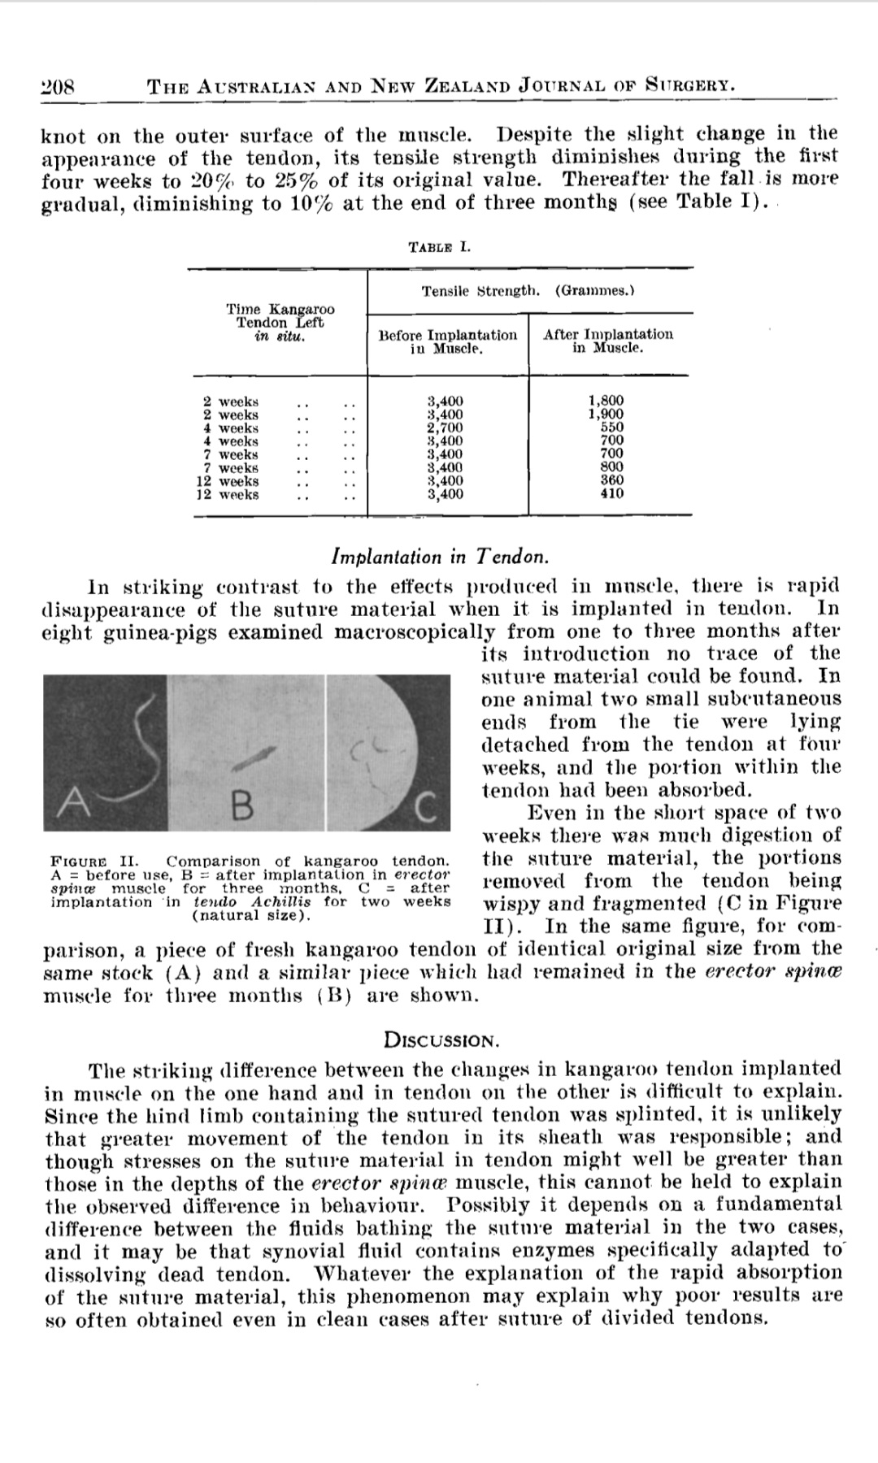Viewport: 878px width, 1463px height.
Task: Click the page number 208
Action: point(57,85)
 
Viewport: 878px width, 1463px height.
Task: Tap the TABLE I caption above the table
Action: point(439,246)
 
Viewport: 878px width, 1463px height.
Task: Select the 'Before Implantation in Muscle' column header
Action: point(447,341)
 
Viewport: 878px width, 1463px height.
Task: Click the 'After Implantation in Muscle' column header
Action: point(608,341)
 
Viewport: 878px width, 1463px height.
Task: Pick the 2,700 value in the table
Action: point(446,428)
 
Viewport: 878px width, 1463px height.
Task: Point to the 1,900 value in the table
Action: point(606,414)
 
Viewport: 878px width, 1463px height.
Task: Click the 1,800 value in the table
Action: point(606,401)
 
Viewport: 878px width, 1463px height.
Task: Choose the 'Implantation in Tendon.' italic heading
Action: point(440,557)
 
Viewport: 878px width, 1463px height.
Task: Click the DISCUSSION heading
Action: point(440,1040)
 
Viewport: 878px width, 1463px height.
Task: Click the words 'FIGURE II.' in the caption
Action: point(95,861)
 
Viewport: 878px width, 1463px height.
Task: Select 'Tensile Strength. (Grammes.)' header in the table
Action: point(528,290)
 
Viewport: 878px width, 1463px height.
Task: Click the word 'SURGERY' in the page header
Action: point(690,84)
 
